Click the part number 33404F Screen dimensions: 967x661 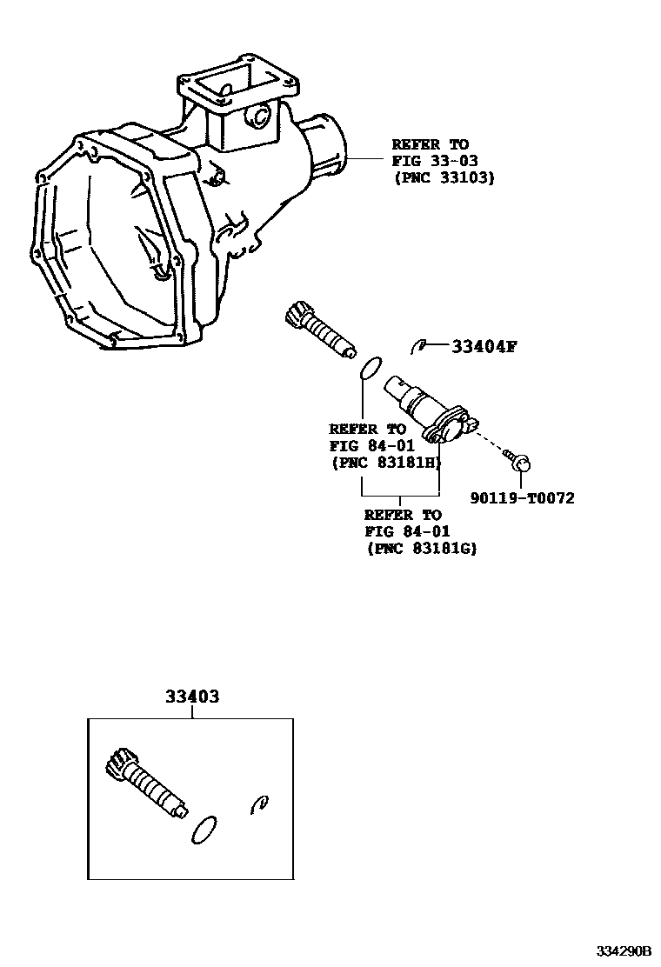tap(484, 348)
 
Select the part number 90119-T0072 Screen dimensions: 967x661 tap(522, 497)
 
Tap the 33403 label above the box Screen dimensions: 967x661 tap(191, 697)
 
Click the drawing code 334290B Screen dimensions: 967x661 tap(623, 950)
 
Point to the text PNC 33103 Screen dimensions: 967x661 tap(443, 177)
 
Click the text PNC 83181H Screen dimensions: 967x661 tap(385, 462)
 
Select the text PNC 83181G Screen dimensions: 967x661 tap(422, 548)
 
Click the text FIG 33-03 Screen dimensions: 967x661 tap(430, 161)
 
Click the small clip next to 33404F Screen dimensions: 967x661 tap(418, 346)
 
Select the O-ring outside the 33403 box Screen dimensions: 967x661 tap(369, 368)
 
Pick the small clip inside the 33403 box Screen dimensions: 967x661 tap(258, 804)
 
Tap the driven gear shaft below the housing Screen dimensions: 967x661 tap(319, 328)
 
